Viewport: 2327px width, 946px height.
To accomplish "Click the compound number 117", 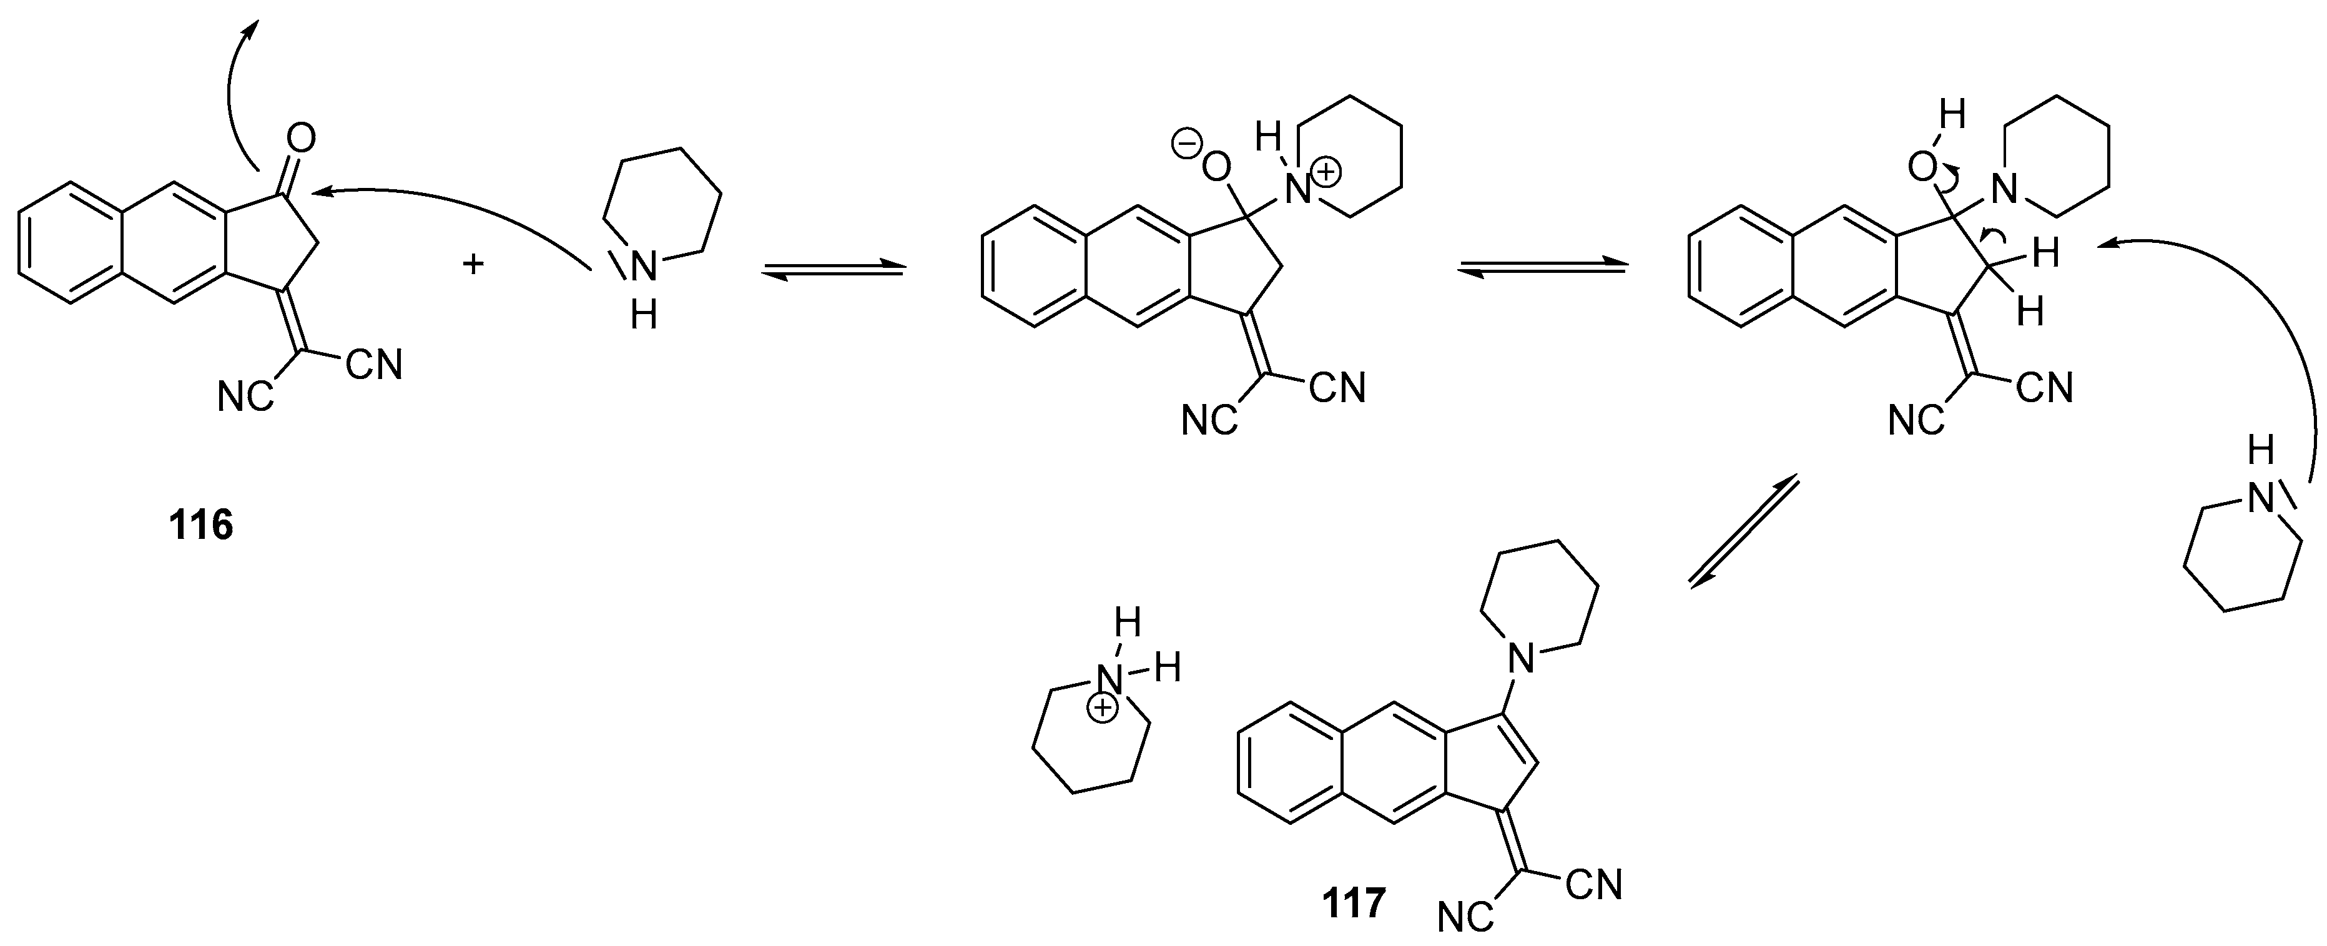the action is pyautogui.click(x=1353, y=904).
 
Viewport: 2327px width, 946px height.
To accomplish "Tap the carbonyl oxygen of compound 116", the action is pyautogui.click(x=301, y=138).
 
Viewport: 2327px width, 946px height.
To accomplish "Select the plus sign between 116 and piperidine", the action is pyautogui.click(x=473, y=265).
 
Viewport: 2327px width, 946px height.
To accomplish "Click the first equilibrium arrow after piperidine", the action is pyautogui.click(x=833, y=269).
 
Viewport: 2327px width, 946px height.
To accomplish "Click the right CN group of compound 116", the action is pyautogui.click(x=374, y=365).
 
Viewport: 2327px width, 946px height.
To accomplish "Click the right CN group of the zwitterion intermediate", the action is pyautogui.click(x=1338, y=388).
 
